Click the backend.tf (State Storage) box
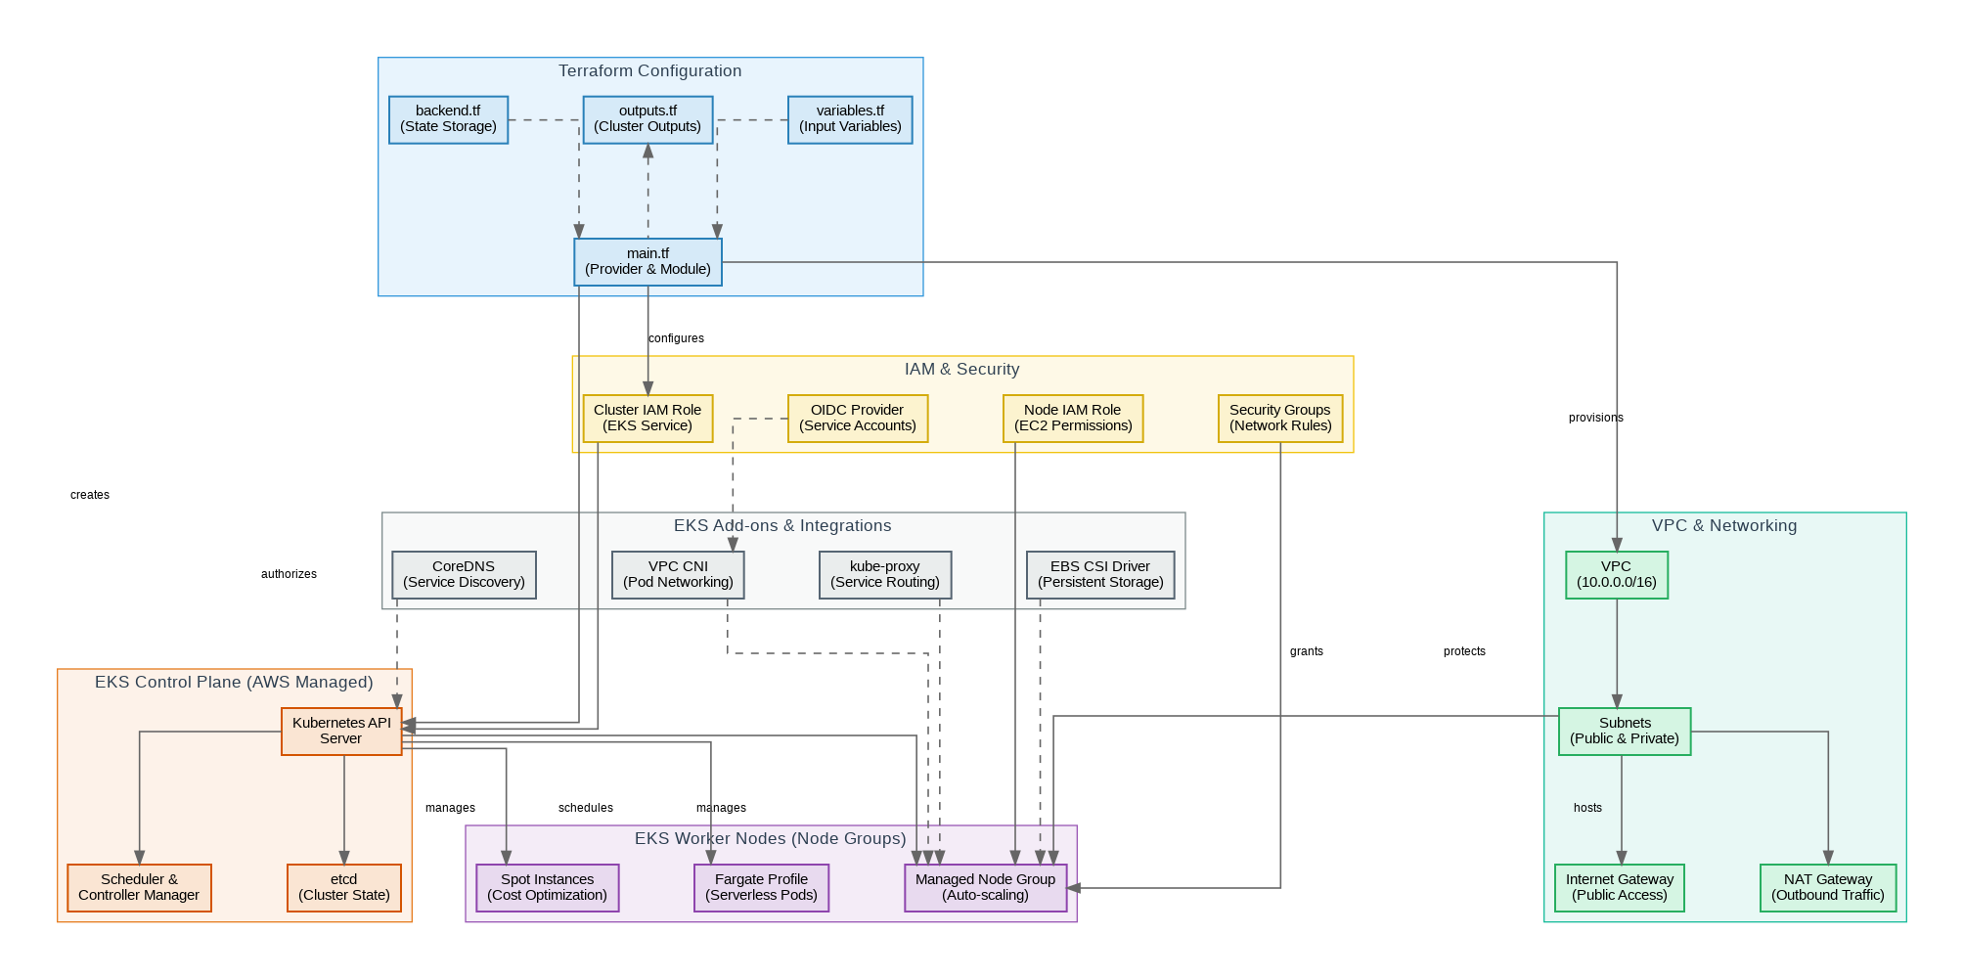click(448, 119)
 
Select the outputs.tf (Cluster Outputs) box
click(647, 119)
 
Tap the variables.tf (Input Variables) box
click(850, 119)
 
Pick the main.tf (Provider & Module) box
click(647, 262)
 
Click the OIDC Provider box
click(857, 419)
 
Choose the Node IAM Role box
click(1073, 419)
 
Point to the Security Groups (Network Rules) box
click(1279, 419)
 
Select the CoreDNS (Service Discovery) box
click(464, 575)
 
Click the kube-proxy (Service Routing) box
click(884, 575)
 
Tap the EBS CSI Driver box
click(1100, 575)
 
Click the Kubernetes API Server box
click(341, 732)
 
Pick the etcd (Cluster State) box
click(343, 888)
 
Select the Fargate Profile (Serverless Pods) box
click(761, 888)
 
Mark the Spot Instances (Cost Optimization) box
click(547, 888)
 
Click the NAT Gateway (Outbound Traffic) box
click(1827, 888)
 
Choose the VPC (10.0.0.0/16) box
click(1616, 575)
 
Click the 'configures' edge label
click(676, 338)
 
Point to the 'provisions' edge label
click(1595, 418)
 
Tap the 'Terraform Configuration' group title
click(649, 71)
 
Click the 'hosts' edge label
click(1587, 808)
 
